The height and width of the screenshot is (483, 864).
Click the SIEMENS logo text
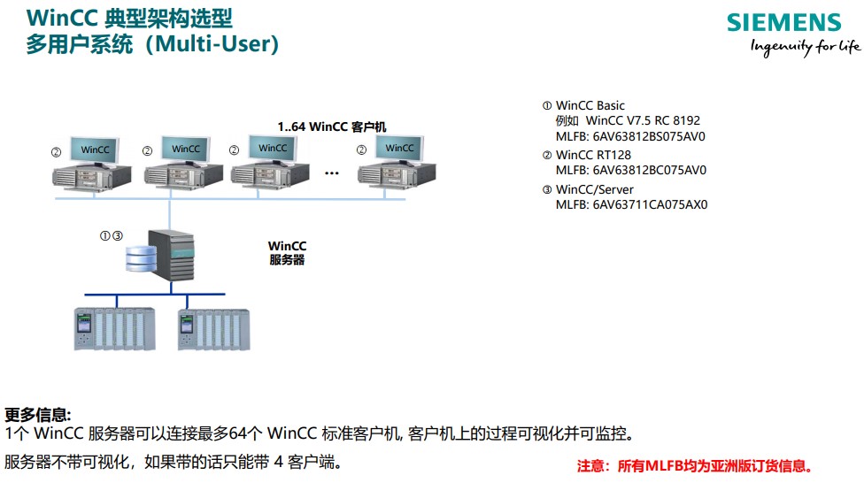[x=783, y=23]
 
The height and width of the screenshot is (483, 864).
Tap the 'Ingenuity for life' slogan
[x=805, y=47]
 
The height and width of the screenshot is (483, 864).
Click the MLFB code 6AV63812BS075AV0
[x=649, y=136]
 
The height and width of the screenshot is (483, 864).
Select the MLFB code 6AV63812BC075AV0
[x=649, y=170]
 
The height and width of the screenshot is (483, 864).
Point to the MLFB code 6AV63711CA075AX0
[x=650, y=205]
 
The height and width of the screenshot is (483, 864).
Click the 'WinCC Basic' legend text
[x=590, y=106]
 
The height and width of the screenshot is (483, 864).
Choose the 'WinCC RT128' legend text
[x=593, y=156]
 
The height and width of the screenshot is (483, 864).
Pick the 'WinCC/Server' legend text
[x=595, y=189]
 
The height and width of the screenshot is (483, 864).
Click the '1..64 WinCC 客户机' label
[x=332, y=126]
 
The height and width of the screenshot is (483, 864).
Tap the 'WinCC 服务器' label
[x=287, y=253]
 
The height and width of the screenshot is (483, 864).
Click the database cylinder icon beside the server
[x=141, y=258]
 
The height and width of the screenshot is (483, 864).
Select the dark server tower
[x=172, y=255]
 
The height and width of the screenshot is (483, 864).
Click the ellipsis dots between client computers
[x=332, y=173]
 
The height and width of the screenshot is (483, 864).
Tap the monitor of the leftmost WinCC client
[x=94, y=150]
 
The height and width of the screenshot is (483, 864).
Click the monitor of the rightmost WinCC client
[x=399, y=149]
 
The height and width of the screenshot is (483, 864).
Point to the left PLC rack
[x=114, y=329]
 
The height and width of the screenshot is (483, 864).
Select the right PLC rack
[x=214, y=329]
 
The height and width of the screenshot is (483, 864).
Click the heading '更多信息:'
[x=38, y=415]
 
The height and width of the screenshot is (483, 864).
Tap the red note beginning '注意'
[x=695, y=466]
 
